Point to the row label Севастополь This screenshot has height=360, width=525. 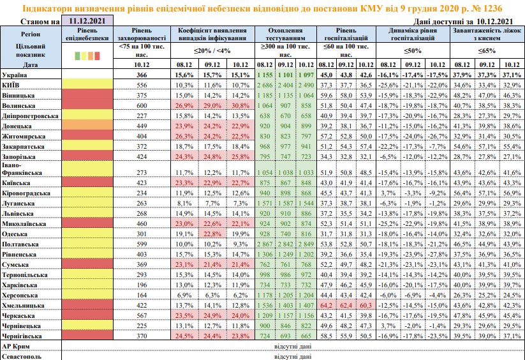[x=22, y=356]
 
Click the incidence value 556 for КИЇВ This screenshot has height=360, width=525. [x=142, y=85]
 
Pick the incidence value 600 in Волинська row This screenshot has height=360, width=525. [x=142, y=105]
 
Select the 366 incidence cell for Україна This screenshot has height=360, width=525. [x=142, y=75]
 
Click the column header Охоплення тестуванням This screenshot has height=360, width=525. [x=285, y=34]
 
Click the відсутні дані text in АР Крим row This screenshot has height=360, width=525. [x=285, y=345]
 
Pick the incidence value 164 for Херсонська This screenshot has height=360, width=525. [x=142, y=296]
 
